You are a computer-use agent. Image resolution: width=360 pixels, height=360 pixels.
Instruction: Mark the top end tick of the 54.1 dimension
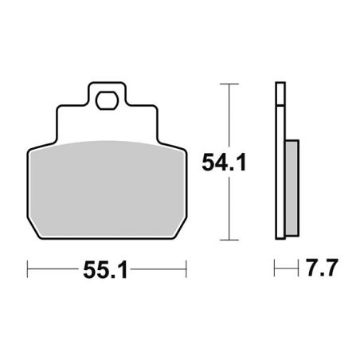229,83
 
